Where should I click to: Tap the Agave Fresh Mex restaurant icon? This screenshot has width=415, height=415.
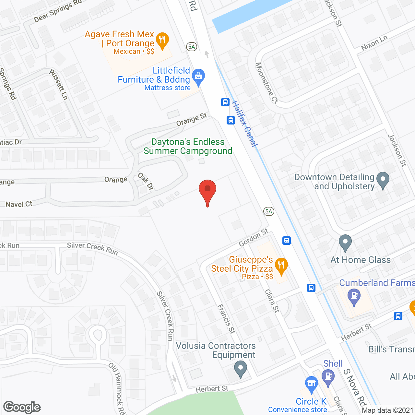[162, 40]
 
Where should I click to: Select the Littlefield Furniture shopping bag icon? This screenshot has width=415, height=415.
[198, 77]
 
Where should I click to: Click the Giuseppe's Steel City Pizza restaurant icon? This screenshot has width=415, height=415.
[281, 266]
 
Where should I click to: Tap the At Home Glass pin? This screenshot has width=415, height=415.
[345, 242]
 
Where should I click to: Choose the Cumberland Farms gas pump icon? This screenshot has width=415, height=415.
[354, 296]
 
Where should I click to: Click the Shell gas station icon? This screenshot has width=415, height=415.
[328, 377]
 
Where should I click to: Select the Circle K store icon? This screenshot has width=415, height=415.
[311, 384]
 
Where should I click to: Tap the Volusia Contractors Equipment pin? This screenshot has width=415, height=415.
[241, 369]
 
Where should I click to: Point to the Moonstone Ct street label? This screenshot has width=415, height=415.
[267, 83]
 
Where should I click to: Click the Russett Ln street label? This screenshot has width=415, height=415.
[59, 84]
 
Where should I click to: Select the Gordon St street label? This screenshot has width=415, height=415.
[254, 238]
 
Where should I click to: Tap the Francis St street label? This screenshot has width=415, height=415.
[226, 319]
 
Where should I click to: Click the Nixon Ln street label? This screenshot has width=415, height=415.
[374, 42]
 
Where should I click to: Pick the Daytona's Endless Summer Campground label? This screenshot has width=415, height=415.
[188, 147]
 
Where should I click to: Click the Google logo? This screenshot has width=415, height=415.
[22, 407]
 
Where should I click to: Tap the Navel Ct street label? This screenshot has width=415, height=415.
[19, 204]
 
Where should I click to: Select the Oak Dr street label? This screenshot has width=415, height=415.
[146, 181]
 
